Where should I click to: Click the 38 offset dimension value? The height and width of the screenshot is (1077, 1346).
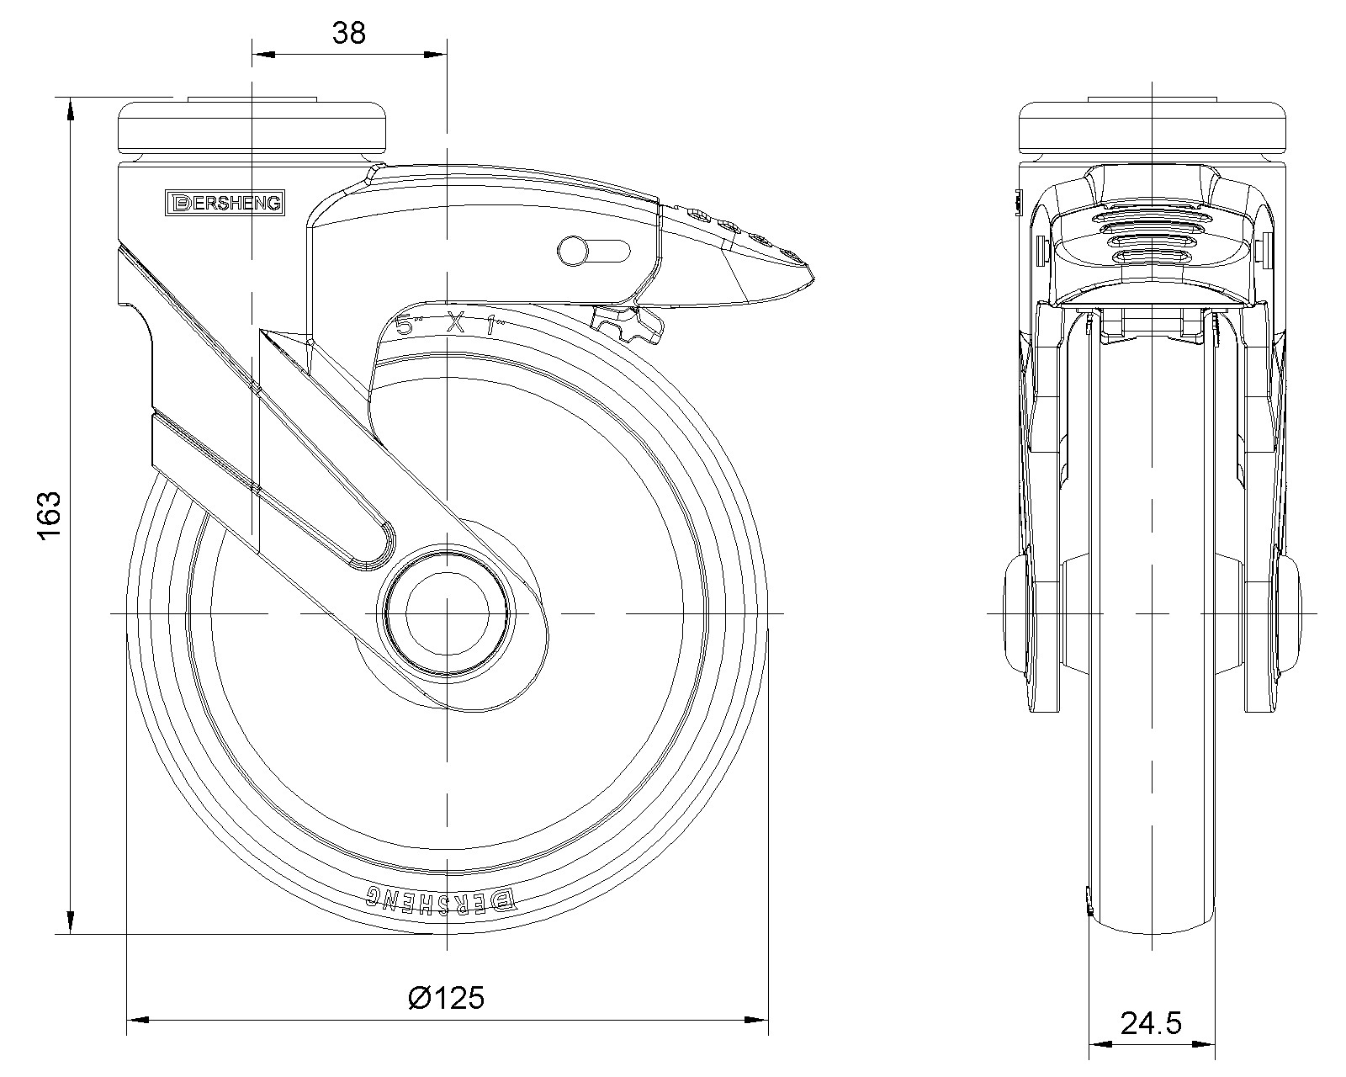tap(349, 33)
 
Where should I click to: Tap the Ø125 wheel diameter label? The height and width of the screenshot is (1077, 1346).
tap(446, 998)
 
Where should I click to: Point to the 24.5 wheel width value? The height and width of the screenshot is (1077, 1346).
tap(1151, 1023)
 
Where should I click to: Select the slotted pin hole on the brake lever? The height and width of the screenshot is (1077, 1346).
tap(594, 250)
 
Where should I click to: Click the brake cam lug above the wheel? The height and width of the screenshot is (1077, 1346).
tap(628, 325)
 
